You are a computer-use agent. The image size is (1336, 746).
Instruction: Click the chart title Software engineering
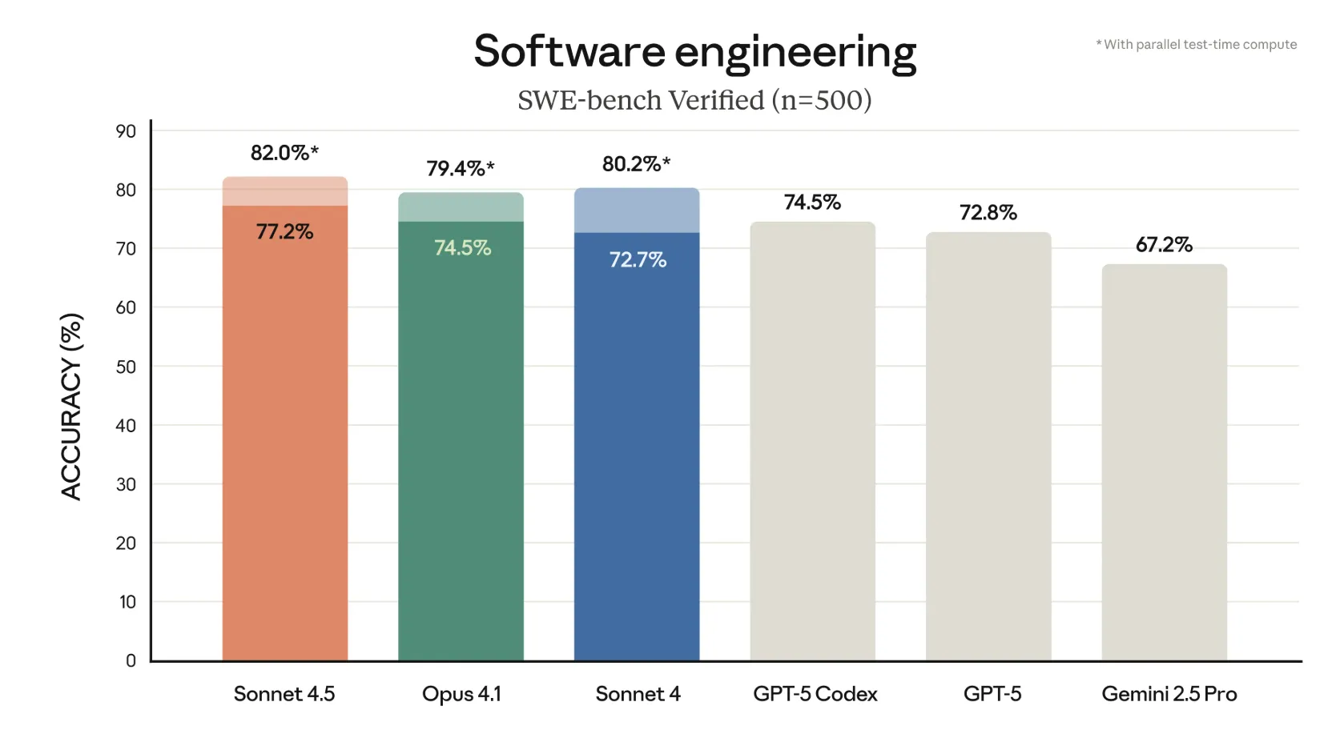point(694,52)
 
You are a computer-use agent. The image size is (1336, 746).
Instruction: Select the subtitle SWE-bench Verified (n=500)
point(694,101)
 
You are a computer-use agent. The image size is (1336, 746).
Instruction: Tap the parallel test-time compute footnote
point(1197,45)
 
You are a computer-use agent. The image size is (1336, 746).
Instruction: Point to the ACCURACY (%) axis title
point(71,407)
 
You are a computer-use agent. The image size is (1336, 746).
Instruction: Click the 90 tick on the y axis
point(126,131)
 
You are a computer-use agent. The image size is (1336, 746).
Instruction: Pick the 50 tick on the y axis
point(126,367)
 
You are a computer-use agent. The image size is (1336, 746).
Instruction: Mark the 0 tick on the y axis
point(131,660)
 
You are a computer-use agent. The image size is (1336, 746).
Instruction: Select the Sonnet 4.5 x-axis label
point(284,694)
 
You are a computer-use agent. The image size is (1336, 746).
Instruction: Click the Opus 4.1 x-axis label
point(461,694)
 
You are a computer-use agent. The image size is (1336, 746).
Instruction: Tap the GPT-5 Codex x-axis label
point(815,694)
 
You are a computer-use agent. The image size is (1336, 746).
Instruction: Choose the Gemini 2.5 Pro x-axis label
point(1169,694)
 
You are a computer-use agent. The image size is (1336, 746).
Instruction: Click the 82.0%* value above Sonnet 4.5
point(284,153)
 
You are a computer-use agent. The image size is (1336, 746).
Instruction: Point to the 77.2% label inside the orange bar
point(284,232)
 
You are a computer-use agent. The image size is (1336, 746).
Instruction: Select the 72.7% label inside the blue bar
point(638,260)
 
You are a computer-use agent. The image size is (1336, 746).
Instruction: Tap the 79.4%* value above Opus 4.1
point(460,169)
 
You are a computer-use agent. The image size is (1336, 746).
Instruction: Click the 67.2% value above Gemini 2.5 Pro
point(1164,245)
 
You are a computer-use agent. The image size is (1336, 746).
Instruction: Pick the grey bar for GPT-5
point(988,448)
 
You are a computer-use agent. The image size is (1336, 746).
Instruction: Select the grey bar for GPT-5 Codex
point(812,440)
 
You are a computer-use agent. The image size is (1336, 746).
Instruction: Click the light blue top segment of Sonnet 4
point(637,211)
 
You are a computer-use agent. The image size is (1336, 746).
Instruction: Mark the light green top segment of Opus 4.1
point(461,207)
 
